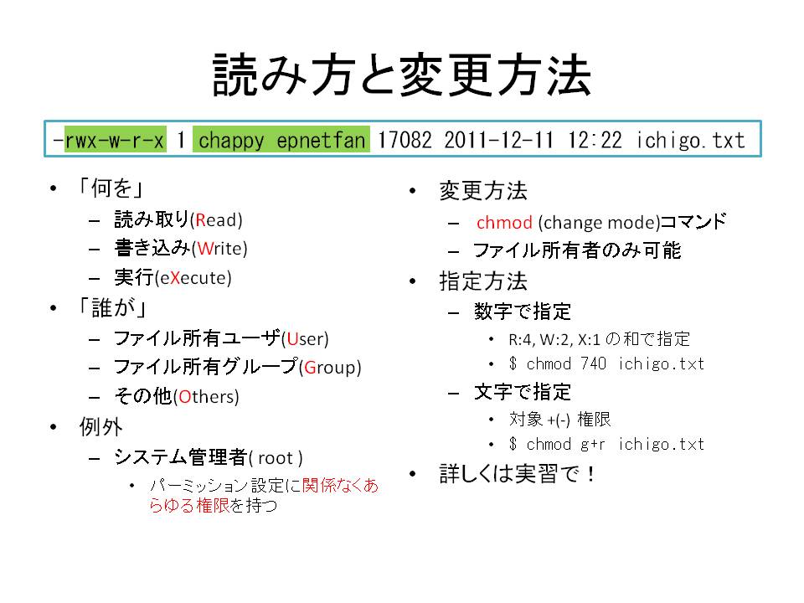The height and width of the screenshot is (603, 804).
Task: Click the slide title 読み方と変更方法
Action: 402,75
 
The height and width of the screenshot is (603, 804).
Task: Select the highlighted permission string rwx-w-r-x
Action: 115,140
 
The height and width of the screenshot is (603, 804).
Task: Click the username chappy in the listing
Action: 231,141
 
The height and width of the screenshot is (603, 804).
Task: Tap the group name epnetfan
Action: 321,140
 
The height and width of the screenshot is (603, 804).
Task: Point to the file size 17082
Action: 405,140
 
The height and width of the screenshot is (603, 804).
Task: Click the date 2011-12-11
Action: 499,140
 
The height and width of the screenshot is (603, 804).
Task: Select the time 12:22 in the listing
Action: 595,140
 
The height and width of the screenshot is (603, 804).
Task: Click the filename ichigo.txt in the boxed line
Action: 690,140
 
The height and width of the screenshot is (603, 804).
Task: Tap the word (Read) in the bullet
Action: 216,220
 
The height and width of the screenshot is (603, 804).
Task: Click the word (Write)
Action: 220,249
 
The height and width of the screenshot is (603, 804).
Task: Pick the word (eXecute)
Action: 193,278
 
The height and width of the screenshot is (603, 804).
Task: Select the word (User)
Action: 305,338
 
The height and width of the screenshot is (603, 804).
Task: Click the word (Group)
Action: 330,368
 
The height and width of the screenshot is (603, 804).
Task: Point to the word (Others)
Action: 207,397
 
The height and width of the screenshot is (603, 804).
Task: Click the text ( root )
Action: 276,458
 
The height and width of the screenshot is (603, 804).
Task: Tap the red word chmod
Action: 504,223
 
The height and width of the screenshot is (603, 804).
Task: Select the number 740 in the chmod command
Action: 593,363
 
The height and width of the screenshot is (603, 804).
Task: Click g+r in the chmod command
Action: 593,445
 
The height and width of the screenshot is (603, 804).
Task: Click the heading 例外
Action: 101,426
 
